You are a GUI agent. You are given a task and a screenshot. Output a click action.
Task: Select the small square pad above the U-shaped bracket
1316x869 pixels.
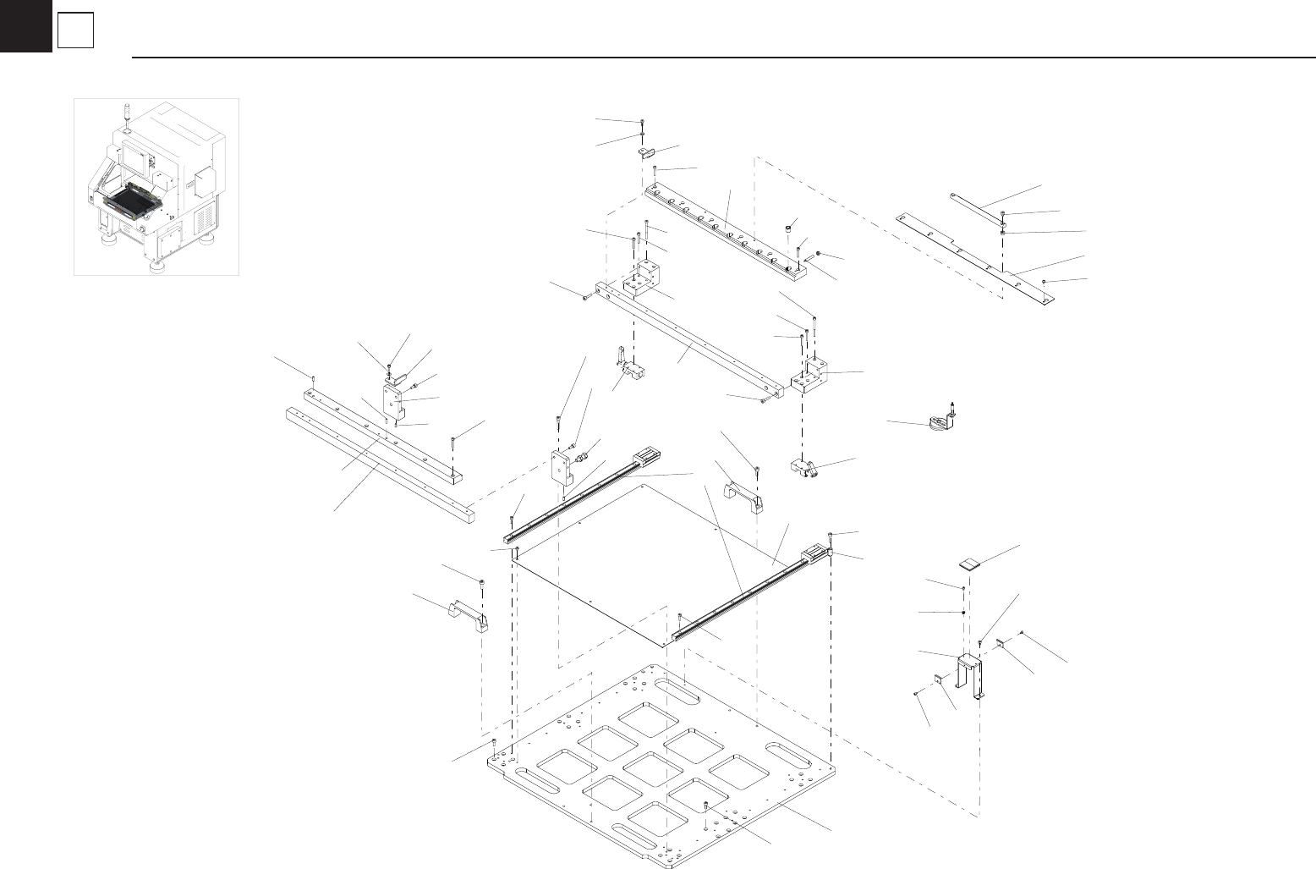click(x=970, y=563)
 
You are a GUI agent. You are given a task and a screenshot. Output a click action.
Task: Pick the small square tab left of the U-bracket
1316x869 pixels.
click(x=939, y=679)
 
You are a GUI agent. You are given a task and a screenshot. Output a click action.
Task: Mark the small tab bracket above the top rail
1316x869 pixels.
click(x=648, y=153)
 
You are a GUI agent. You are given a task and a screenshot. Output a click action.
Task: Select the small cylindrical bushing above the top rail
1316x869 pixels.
click(x=789, y=228)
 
